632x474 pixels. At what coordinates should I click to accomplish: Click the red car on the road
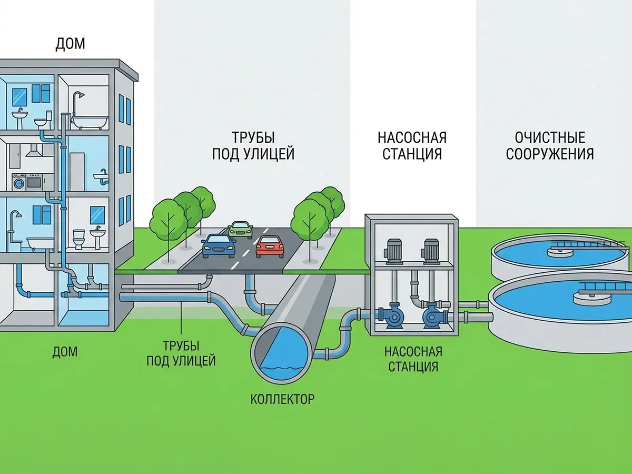click(x=270, y=247)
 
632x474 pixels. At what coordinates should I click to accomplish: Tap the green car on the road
click(x=241, y=230)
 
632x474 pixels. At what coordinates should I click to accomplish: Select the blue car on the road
click(x=219, y=246)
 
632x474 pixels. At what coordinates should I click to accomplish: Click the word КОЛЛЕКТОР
click(x=282, y=399)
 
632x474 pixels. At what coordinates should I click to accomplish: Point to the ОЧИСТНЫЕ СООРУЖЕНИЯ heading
click(x=550, y=146)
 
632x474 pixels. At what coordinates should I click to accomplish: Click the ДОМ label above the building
click(x=70, y=44)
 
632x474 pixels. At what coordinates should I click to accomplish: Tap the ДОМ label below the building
click(x=65, y=352)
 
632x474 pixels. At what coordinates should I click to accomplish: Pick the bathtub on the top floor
click(x=90, y=123)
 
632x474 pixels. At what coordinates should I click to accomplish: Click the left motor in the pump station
click(x=391, y=251)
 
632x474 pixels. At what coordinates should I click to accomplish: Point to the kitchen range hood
click(x=34, y=151)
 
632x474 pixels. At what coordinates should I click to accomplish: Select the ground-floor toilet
click(x=78, y=239)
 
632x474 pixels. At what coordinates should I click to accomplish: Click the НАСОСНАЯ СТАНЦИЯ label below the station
click(x=413, y=359)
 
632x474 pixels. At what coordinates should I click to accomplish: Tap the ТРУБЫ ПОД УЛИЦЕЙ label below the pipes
click(x=181, y=353)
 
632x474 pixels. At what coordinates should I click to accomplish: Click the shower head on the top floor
click(x=78, y=95)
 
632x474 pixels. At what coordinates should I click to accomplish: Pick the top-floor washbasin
click(x=19, y=118)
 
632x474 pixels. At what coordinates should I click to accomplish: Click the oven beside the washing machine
click(x=35, y=182)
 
